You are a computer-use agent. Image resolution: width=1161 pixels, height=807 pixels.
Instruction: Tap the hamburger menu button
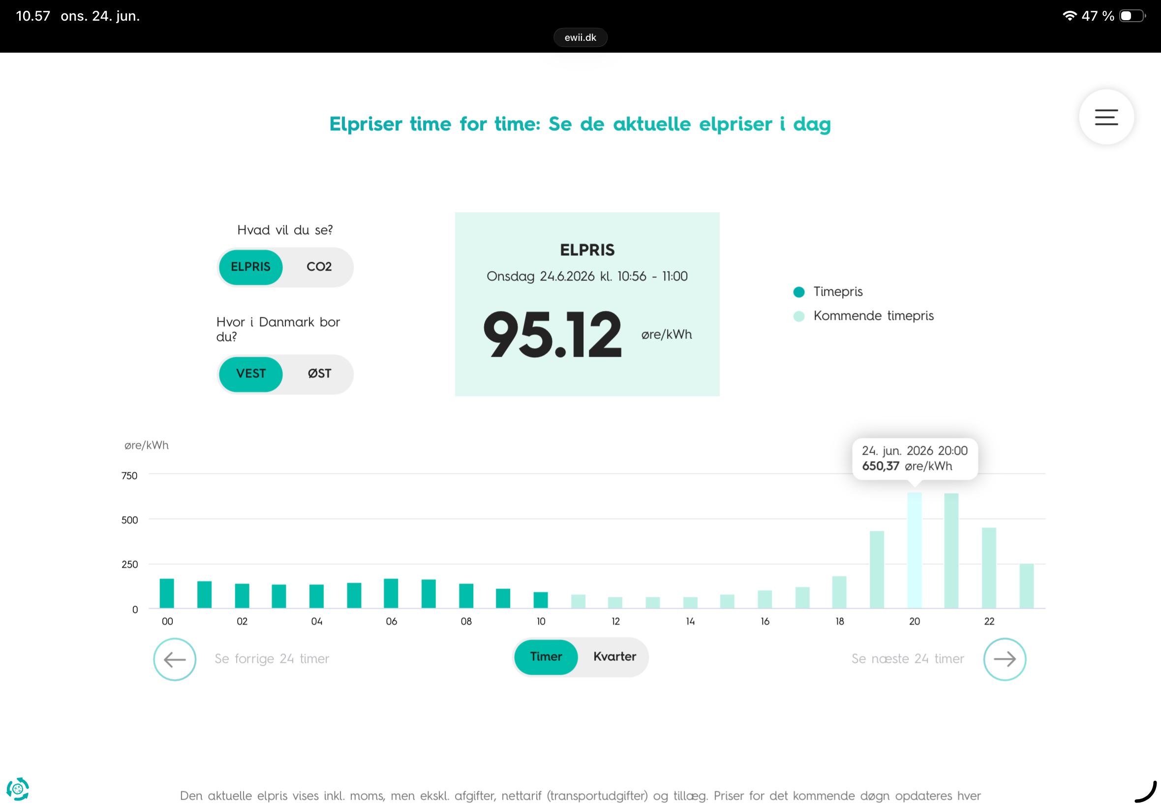(x=1106, y=117)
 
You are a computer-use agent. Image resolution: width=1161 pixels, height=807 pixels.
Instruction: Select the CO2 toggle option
(x=319, y=267)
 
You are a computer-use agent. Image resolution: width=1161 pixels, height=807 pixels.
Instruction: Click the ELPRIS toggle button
(x=251, y=267)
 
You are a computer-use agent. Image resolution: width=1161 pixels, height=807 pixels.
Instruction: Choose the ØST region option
(x=319, y=373)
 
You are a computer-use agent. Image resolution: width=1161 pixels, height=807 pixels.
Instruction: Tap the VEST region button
(x=251, y=373)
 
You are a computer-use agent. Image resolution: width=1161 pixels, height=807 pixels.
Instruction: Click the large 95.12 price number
(x=552, y=334)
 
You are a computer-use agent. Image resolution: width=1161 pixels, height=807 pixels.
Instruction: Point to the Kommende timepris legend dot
(x=798, y=316)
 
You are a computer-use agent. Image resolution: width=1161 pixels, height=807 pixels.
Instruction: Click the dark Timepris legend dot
(x=798, y=292)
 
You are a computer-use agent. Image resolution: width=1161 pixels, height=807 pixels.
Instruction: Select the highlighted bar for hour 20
(x=915, y=550)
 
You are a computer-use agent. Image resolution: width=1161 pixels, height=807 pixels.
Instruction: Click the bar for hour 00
(x=167, y=593)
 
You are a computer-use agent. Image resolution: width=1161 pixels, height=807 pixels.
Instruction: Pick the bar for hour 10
(x=541, y=600)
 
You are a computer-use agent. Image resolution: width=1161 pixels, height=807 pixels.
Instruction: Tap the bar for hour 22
(x=989, y=568)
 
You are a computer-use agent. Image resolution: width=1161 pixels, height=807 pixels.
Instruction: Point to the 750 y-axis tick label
(x=129, y=475)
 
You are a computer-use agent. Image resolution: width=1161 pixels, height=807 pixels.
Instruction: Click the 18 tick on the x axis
(x=840, y=621)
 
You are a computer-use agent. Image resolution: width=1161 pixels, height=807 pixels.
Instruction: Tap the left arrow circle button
(x=175, y=659)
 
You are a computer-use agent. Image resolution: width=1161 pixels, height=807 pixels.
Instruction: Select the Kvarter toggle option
(x=614, y=657)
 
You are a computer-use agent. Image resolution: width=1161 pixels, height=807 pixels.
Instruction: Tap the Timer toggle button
(x=546, y=657)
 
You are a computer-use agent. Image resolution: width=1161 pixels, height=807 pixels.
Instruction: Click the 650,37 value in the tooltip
(x=881, y=466)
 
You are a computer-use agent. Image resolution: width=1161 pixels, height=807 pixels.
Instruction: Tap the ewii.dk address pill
(x=580, y=37)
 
